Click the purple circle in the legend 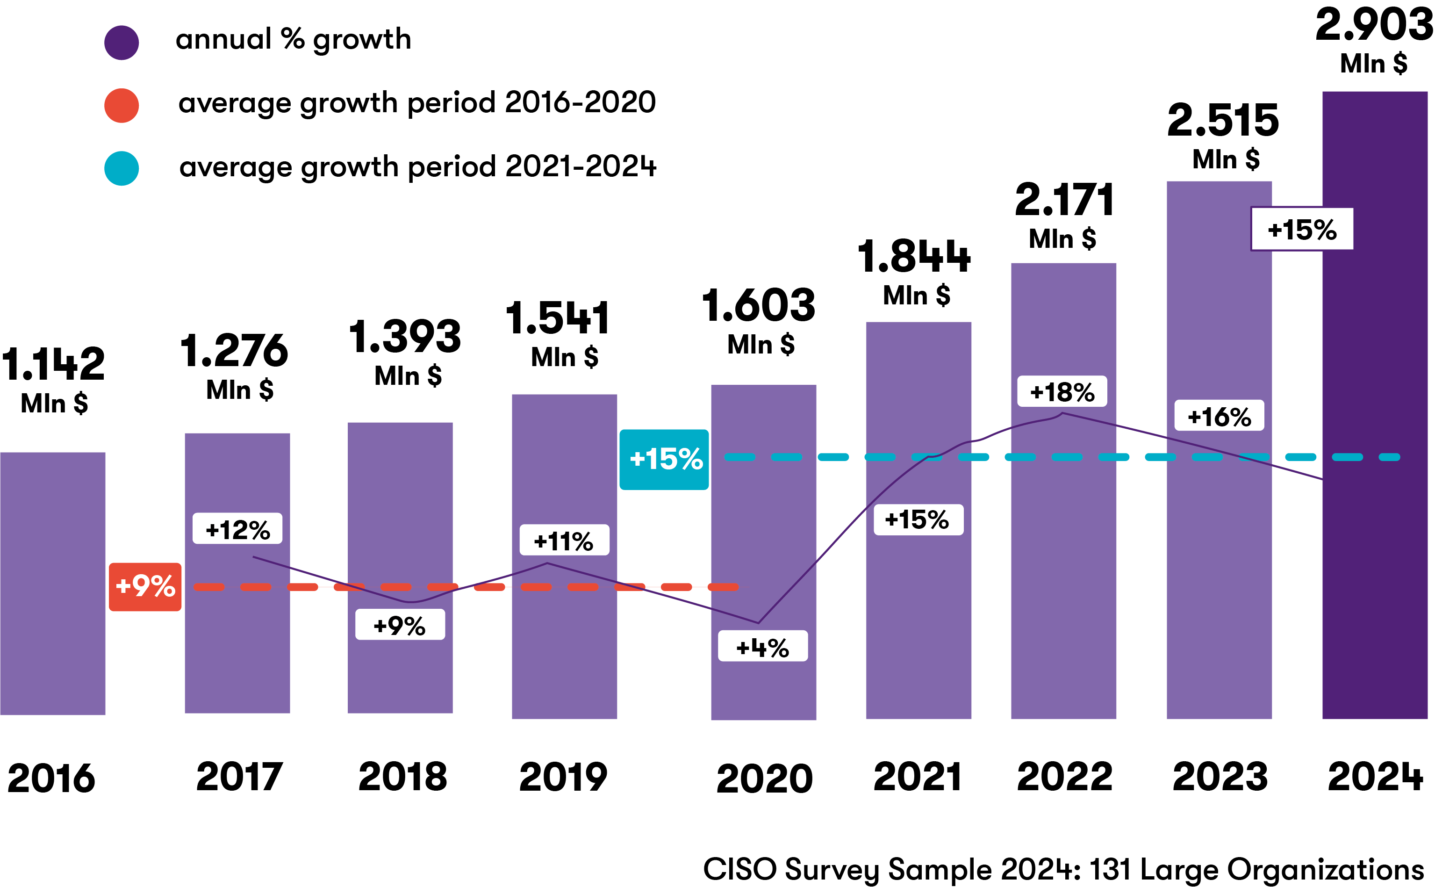tap(122, 43)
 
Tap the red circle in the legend tap(122, 106)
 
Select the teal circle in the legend tap(122, 168)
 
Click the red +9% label tap(145, 587)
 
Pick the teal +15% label tap(664, 459)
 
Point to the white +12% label tap(237, 528)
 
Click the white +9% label tap(400, 624)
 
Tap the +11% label tap(564, 540)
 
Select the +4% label tap(762, 646)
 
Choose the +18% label tap(1062, 391)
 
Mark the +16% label tap(1219, 415)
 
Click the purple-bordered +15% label tap(1302, 229)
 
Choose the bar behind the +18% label tap(1063, 557)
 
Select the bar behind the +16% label tap(1219, 557)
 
